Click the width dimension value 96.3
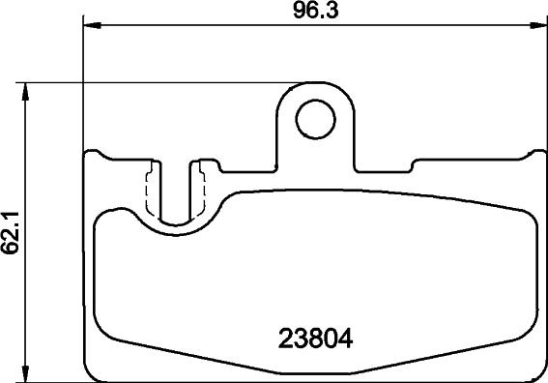pos(316,11)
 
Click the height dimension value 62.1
pos(10,232)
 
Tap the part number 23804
pos(315,339)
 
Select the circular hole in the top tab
pos(316,119)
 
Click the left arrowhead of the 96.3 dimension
pos(93,25)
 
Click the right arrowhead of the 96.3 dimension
pos(538,25)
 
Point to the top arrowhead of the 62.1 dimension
pos(25,92)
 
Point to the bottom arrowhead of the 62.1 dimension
pos(25,373)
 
